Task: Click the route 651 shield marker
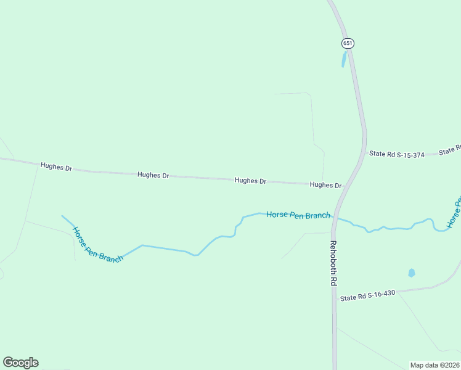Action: coord(348,43)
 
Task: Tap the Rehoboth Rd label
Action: coord(333,263)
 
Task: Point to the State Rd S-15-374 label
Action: coord(396,154)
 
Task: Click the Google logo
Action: coord(20,363)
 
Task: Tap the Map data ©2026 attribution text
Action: coord(434,365)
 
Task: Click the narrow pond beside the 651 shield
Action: coord(344,59)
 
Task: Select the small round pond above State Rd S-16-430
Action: coord(411,273)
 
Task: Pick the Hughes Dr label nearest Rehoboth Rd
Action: coord(325,185)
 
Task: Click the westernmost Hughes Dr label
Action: coord(56,167)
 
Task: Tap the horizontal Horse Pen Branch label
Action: coord(298,215)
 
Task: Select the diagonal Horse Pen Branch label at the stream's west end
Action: coord(97,245)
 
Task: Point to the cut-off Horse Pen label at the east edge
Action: coord(454,213)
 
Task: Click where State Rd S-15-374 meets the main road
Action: coord(364,151)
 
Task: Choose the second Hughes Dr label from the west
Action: coord(153,175)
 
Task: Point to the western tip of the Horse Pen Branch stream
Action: coord(62,216)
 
